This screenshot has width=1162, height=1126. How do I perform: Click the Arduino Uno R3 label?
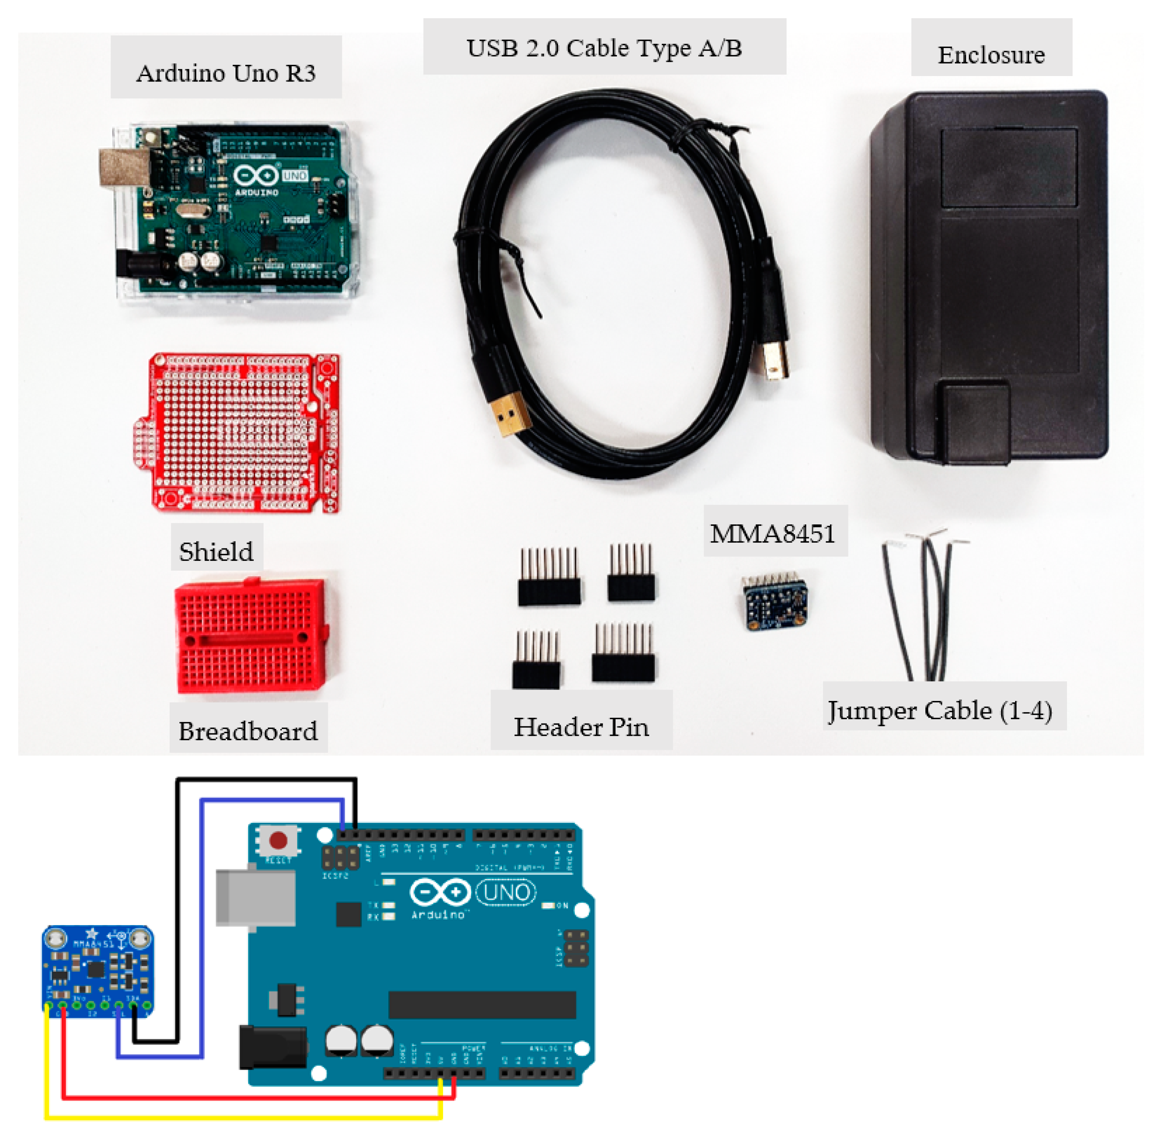pos(226,73)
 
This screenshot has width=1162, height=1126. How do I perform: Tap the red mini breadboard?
pos(250,635)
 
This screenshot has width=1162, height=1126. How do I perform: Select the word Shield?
pos(216,551)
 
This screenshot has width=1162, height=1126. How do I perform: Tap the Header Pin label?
pos(581,726)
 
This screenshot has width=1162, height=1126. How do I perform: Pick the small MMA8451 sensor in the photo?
pos(774,602)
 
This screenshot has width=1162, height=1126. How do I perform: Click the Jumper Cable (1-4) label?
pos(940,710)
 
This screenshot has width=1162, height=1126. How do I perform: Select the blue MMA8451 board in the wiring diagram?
pos(98,969)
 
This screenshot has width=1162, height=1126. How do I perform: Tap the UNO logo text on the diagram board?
pos(507,892)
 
